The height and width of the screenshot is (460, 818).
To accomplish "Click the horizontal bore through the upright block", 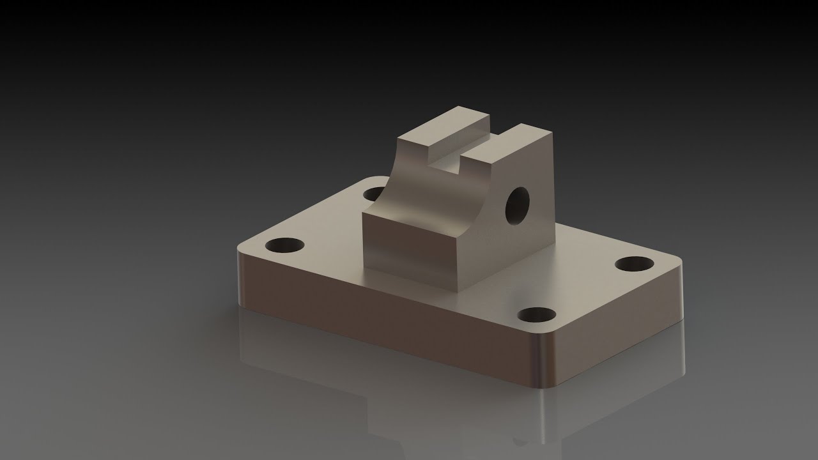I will [518, 206].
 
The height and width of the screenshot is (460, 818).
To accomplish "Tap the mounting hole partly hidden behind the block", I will [373, 193].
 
